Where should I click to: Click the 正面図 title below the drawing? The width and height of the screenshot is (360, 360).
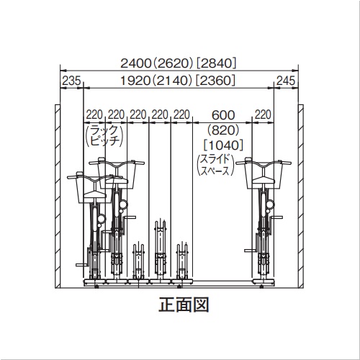[x=184, y=305]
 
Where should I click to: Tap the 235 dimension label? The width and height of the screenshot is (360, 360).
[x=71, y=81]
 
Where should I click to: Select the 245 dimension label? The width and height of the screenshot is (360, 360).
[x=286, y=81]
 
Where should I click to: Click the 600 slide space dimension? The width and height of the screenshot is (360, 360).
[x=223, y=115]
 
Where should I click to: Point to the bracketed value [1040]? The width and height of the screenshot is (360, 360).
[x=223, y=145]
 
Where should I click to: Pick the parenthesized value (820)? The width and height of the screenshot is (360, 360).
[x=223, y=130]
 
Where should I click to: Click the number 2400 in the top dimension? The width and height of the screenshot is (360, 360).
[x=135, y=63]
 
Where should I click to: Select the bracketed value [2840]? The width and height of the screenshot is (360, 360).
[x=217, y=63]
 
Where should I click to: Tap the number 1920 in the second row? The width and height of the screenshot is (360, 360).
[x=135, y=81]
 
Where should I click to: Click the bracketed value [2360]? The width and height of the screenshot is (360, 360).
[x=215, y=81]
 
